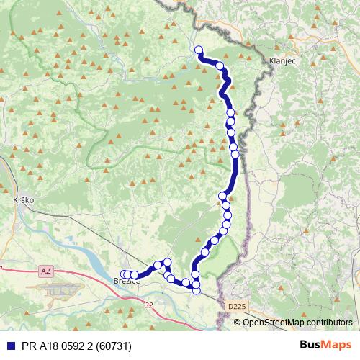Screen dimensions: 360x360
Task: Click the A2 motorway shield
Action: [x=46, y=271]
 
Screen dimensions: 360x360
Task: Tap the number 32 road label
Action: [x=148, y=305]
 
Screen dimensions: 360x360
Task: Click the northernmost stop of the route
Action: [x=199, y=50]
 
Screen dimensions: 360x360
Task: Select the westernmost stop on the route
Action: [x=123, y=274]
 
